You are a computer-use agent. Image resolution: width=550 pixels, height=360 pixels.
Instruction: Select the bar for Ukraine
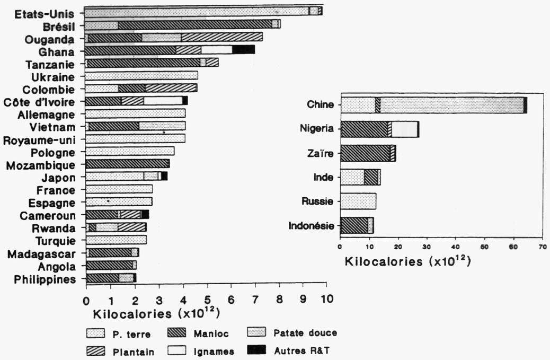141,76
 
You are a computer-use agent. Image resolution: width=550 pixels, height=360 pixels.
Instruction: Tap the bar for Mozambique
127,164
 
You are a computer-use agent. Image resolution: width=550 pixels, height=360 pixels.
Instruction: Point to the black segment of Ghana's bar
244,50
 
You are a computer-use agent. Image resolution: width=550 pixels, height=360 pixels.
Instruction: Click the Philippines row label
41,279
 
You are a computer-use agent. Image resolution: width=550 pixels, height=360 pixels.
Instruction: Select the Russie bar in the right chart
358,201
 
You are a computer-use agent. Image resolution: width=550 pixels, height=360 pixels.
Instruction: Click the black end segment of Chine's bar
525,105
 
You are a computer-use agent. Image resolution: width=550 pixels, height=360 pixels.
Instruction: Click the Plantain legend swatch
96,351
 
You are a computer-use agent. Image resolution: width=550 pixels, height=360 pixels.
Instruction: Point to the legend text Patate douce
305,333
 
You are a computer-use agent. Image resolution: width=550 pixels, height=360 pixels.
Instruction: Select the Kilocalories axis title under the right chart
408,261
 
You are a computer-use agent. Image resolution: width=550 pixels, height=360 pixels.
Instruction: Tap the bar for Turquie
116,240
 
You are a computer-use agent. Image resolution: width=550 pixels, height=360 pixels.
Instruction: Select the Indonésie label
312,225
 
